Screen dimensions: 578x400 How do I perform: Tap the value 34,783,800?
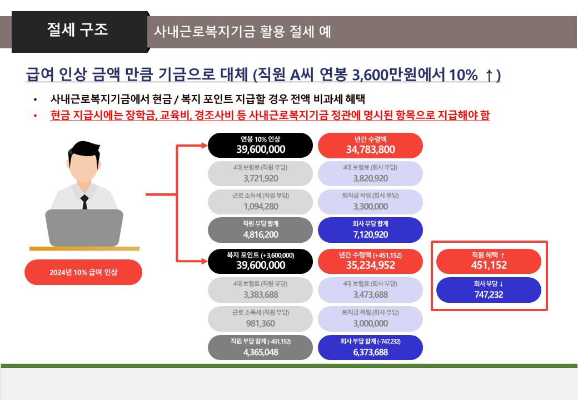click(x=371, y=149)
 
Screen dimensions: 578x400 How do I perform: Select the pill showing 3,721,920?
click(x=260, y=173)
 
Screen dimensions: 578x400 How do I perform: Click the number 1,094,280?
click(x=261, y=207)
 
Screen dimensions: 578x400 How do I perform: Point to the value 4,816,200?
click(x=261, y=234)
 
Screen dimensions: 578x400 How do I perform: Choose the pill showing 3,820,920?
click(x=371, y=173)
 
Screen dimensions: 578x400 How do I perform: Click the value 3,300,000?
click(x=371, y=207)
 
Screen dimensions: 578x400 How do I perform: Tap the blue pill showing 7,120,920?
click(x=371, y=230)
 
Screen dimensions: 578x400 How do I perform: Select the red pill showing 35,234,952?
click(x=371, y=262)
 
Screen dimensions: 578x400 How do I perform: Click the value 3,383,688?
click(x=261, y=294)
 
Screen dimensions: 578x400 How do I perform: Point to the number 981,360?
click(x=261, y=323)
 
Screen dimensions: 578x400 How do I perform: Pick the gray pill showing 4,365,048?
click(x=260, y=347)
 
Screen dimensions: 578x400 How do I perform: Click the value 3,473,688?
click(x=371, y=294)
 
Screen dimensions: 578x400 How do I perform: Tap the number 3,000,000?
click(x=371, y=323)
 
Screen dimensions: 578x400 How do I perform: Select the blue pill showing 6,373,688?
click(x=371, y=347)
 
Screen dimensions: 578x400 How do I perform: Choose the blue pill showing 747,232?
click(x=489, y=290)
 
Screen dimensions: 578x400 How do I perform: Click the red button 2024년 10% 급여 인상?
click(x=83, y=272)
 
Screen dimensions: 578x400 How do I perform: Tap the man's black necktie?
click(x=85, y=202)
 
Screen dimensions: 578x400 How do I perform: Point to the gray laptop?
click(x=84, y=228)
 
